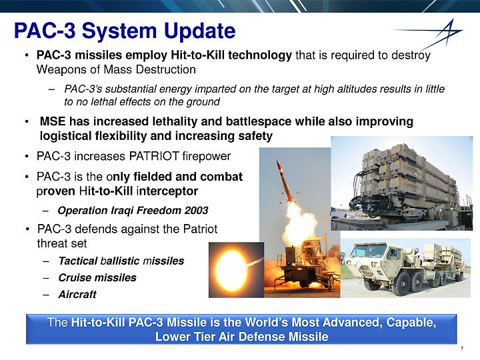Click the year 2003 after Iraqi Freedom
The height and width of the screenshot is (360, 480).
pyautogui.click(x=196, y=210)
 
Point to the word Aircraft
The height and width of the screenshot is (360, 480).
pyautogui.click(x=77, y=294)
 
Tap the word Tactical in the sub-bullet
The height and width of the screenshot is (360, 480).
pyautogui.click(x=78, y=261)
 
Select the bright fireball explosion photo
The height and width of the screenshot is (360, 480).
pyautogui.click(x=236, y=270)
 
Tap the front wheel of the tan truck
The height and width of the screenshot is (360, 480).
pyautogui.click(x=372, y=283)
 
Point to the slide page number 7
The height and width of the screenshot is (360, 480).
pyautogui.click(x=462, y=348)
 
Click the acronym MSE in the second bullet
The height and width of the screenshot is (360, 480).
pyautogui.click(x=53, y=121)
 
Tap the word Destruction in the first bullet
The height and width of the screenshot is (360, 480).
pyautogui.click(x=165, y=69)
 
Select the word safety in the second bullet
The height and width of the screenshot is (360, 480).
pyautogui.click(x=255, y=136)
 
